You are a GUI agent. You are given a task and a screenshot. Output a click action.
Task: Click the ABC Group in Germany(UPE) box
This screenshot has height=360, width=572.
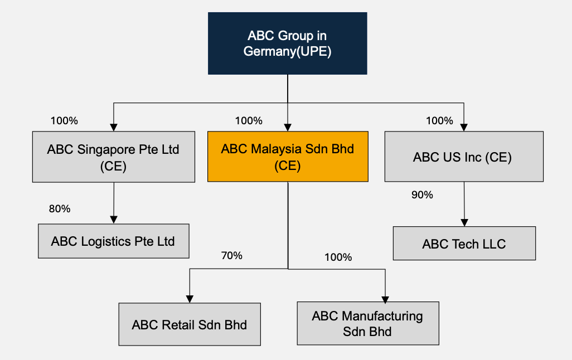point(287,43)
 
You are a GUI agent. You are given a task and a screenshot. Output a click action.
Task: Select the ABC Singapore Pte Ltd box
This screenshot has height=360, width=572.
point(114,157)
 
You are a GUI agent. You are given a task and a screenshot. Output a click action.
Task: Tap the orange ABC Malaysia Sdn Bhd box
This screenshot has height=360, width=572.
point(288,157)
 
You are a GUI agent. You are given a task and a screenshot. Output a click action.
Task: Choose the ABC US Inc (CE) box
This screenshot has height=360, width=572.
point(464,157)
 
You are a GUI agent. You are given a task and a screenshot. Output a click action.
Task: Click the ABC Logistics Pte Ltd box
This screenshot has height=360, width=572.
point(113,241)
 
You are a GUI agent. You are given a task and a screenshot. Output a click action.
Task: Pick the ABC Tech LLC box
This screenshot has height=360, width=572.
point(464,244)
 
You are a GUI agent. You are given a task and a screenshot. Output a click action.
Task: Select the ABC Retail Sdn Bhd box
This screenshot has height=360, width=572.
point(190,324)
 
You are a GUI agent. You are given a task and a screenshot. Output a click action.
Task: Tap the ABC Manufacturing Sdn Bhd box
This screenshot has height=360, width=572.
point(368,323)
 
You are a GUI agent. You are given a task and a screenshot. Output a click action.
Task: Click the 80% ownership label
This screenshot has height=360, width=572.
point(60,209)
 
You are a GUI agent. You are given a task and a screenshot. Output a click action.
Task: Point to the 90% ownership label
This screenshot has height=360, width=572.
point(422,195)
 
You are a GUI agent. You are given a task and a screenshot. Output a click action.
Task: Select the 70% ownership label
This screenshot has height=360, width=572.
point(232,256)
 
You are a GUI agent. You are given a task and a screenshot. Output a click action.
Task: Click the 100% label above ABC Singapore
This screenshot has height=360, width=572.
point(64,120)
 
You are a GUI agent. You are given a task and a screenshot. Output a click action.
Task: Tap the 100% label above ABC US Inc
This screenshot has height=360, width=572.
point(440,120)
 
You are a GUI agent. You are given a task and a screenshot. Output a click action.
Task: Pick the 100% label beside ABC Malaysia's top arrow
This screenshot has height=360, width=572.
point(249,120)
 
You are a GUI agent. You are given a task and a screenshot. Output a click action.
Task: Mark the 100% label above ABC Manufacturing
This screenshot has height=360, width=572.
point(338,257)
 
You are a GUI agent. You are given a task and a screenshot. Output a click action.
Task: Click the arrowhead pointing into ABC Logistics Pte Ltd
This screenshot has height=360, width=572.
point(114,220)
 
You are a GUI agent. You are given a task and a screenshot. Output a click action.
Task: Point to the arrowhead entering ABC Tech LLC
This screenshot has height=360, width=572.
point(464,222)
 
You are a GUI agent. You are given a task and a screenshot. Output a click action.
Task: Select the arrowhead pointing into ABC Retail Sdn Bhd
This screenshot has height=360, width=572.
point(190,299)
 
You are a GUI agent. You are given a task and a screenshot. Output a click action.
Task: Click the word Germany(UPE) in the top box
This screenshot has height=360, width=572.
point(288,51)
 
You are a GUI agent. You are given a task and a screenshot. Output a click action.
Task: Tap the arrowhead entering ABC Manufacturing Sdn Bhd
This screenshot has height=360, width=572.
point(385,298)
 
